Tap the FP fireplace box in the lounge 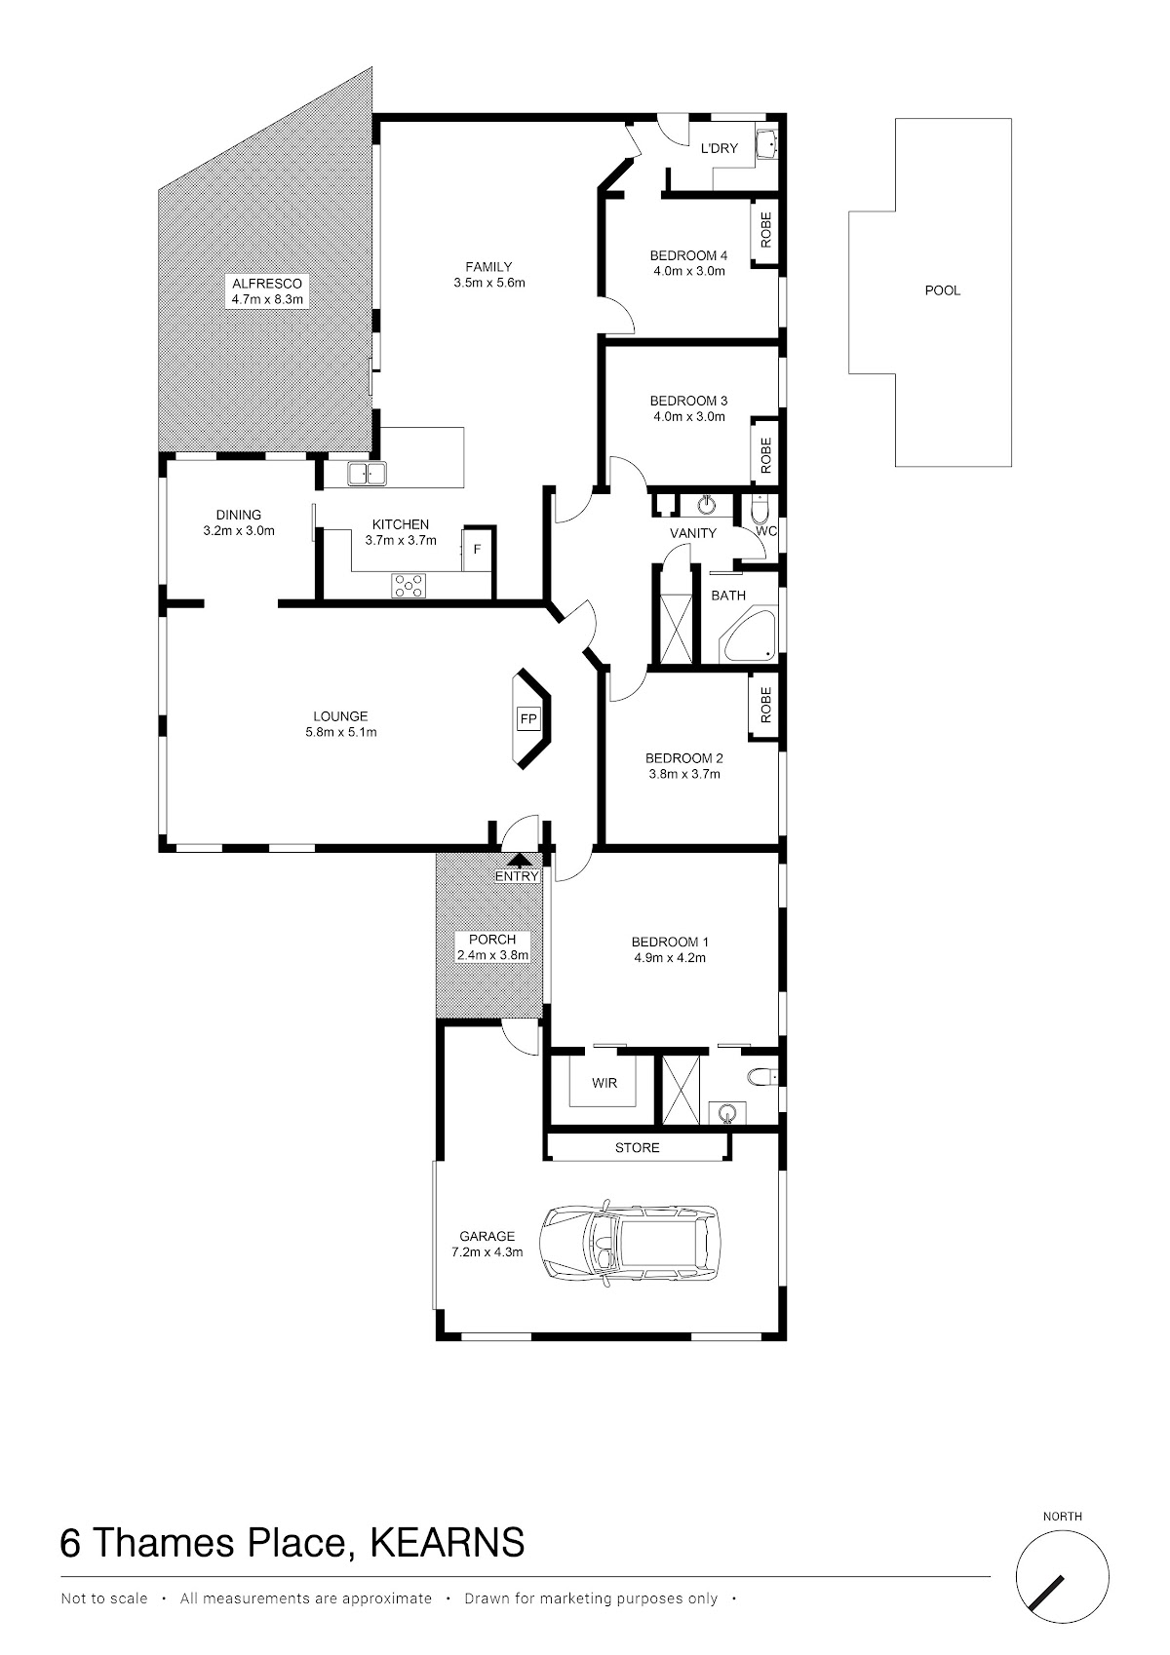527,719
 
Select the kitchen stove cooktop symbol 409,585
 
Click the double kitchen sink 367,474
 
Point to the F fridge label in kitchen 477,549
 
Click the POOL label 943,290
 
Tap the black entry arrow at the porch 520,860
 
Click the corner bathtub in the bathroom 749,635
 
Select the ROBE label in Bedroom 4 765,230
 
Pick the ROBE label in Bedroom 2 765,704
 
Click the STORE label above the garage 637,1147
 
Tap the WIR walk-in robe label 604,1083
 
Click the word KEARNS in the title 447,1542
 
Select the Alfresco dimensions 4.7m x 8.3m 267,300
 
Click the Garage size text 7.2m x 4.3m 487,1251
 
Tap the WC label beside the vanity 766,530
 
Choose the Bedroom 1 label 670,942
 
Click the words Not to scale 104,1598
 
